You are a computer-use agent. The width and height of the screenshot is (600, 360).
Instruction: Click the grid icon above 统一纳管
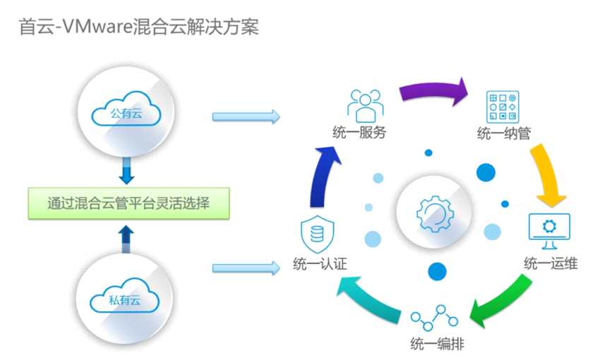click(x=504, y=107)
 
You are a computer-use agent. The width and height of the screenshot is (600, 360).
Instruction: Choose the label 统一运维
click(x=551, y=264)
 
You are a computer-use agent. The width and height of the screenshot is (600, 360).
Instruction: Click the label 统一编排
click(x=437, y=344)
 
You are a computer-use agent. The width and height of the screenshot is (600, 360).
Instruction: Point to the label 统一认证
click(x=319, y=265)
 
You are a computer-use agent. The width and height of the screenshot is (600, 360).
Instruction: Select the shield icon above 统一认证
click(x=316, y=233)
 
